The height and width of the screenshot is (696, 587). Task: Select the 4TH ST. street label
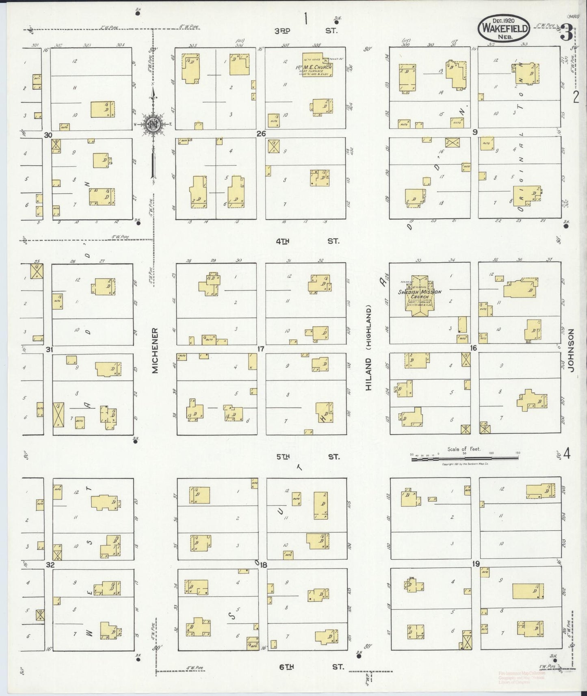tap(307, 241)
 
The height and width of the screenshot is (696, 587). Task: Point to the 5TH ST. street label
tap(308, 457)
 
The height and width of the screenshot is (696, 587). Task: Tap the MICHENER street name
tap(155, 350)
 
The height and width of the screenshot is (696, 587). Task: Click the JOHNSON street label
tap(572, 350)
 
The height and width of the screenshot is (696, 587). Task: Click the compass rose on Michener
tap(153, 124)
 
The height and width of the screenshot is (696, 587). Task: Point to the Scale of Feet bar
tap(465, 458)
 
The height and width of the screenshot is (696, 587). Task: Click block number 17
tap(260, 348)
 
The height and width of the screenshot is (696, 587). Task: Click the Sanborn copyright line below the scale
tap(465, 464)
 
